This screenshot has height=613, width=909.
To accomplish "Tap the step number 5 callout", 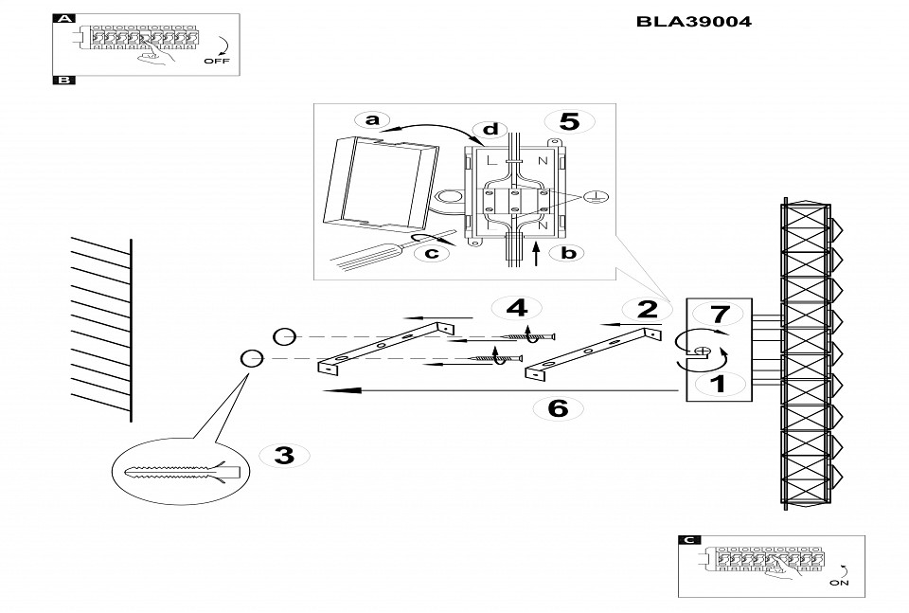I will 569,121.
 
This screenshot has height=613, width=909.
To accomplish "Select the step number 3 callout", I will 283,455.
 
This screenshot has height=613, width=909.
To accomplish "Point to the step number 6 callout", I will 559,408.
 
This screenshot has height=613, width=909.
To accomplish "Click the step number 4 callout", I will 516,308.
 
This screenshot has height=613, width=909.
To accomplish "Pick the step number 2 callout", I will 648,309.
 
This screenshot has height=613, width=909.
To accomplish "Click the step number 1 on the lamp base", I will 717,384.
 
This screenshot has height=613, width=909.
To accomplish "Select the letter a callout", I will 372,119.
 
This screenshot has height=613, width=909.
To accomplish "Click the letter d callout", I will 490,129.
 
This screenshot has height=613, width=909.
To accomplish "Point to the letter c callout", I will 432,252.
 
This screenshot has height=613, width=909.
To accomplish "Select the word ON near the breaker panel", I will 839,584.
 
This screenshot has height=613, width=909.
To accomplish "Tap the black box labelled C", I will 690,540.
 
